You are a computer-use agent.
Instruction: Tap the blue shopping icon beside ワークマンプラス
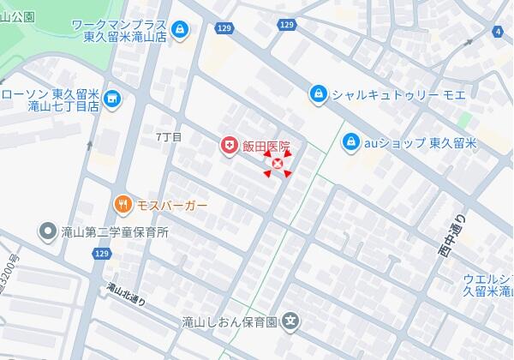178,30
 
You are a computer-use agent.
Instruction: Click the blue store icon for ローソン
111,101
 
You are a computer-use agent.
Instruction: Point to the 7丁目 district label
169,137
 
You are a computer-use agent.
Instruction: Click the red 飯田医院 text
266,147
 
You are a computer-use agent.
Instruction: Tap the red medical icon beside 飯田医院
229,147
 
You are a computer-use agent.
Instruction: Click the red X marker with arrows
277,164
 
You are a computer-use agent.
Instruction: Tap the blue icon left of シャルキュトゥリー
318,93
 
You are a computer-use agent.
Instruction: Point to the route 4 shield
498,32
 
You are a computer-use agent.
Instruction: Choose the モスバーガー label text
172,205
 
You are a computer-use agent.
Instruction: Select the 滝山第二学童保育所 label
115,231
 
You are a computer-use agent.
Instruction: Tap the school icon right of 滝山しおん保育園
292,322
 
